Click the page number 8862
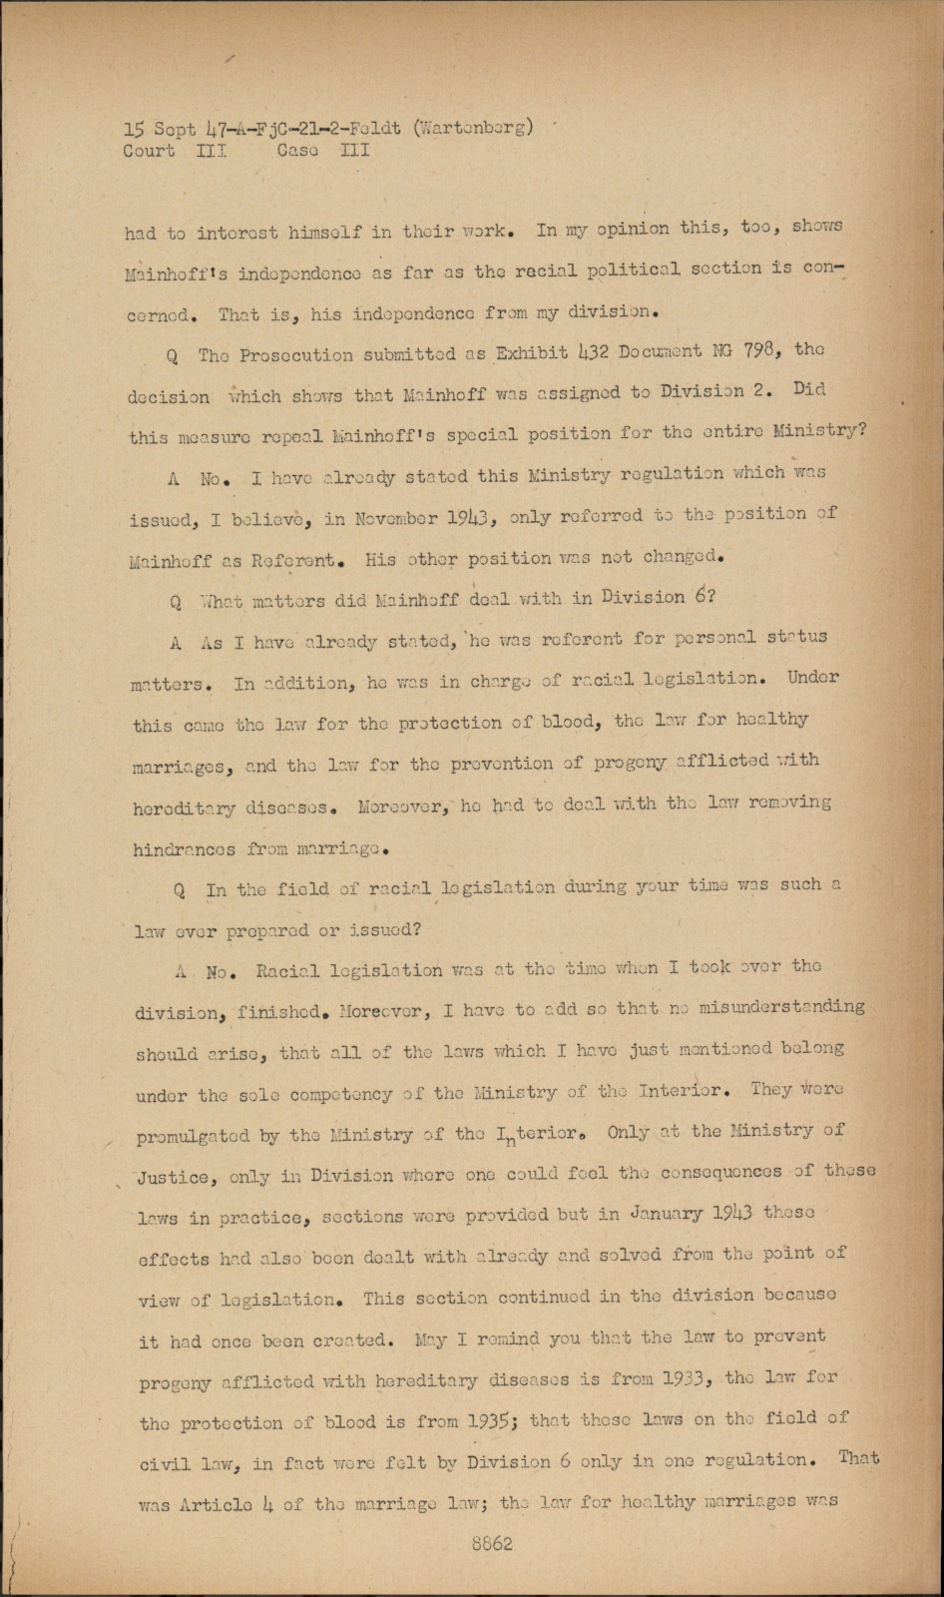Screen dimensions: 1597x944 pos(494,1544)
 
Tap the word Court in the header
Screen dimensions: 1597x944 pos(149,151)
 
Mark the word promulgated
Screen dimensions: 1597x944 pos(199,1136)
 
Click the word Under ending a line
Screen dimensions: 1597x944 pos(812,677)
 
